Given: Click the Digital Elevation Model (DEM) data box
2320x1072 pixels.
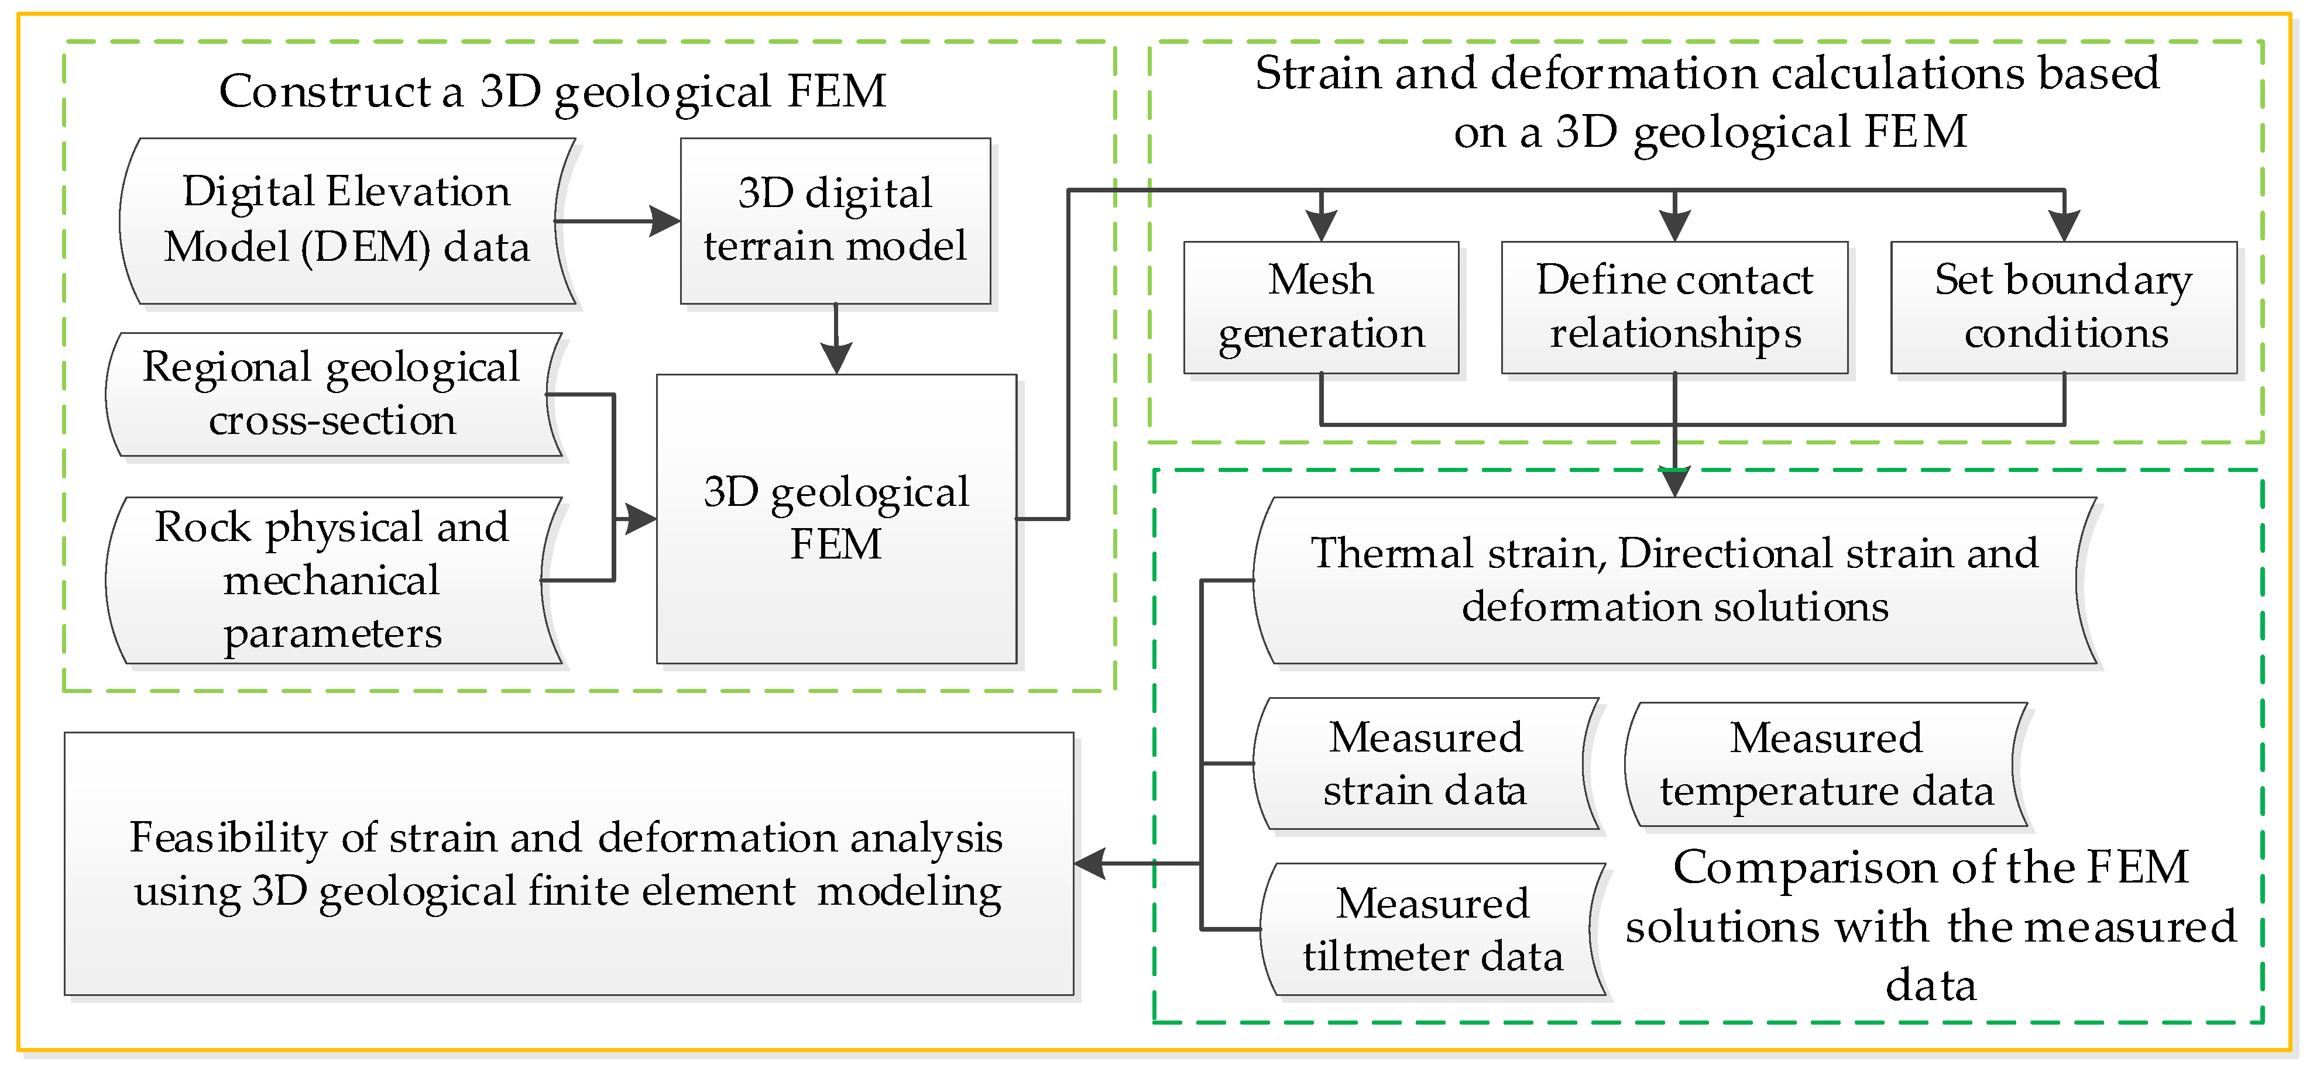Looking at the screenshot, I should click(x=346, y=220).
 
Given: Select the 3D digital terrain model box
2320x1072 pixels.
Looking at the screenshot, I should click(x=835, y=220).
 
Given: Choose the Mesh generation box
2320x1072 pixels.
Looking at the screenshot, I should click(x=1320, y=307).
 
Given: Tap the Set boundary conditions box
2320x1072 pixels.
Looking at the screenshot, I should click(x=2063, y=307).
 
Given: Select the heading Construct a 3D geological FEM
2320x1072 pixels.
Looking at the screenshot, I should click(x=552, y=91).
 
